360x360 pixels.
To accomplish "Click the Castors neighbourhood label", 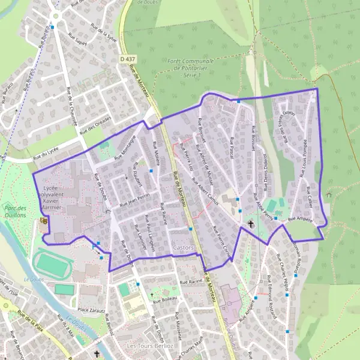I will pyautogui.click(x=183, y=247).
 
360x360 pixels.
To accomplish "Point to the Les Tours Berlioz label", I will pyautogui.click(x=149, y=346).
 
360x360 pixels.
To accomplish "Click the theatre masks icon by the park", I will pyautogui.click(x=43, y=221).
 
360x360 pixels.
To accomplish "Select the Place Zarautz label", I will pyautogui.click(x=92, y=310).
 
